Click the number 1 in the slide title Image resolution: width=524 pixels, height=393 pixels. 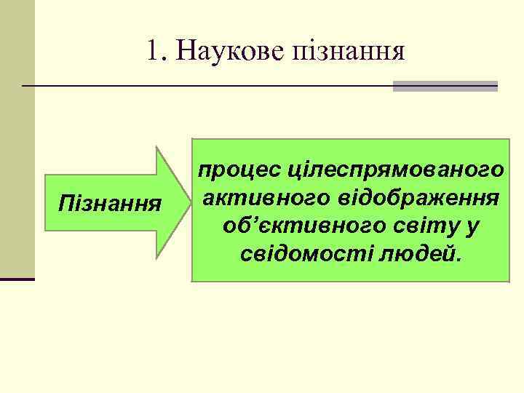(x=151, y=50)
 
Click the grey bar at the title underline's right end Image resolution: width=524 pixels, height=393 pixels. (x=445, y=86)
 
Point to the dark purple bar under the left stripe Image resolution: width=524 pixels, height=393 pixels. (x=17, y=279)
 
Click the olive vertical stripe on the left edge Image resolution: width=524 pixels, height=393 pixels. (x=17, y=138)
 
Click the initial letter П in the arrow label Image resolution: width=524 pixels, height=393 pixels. (x=64, y=200)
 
